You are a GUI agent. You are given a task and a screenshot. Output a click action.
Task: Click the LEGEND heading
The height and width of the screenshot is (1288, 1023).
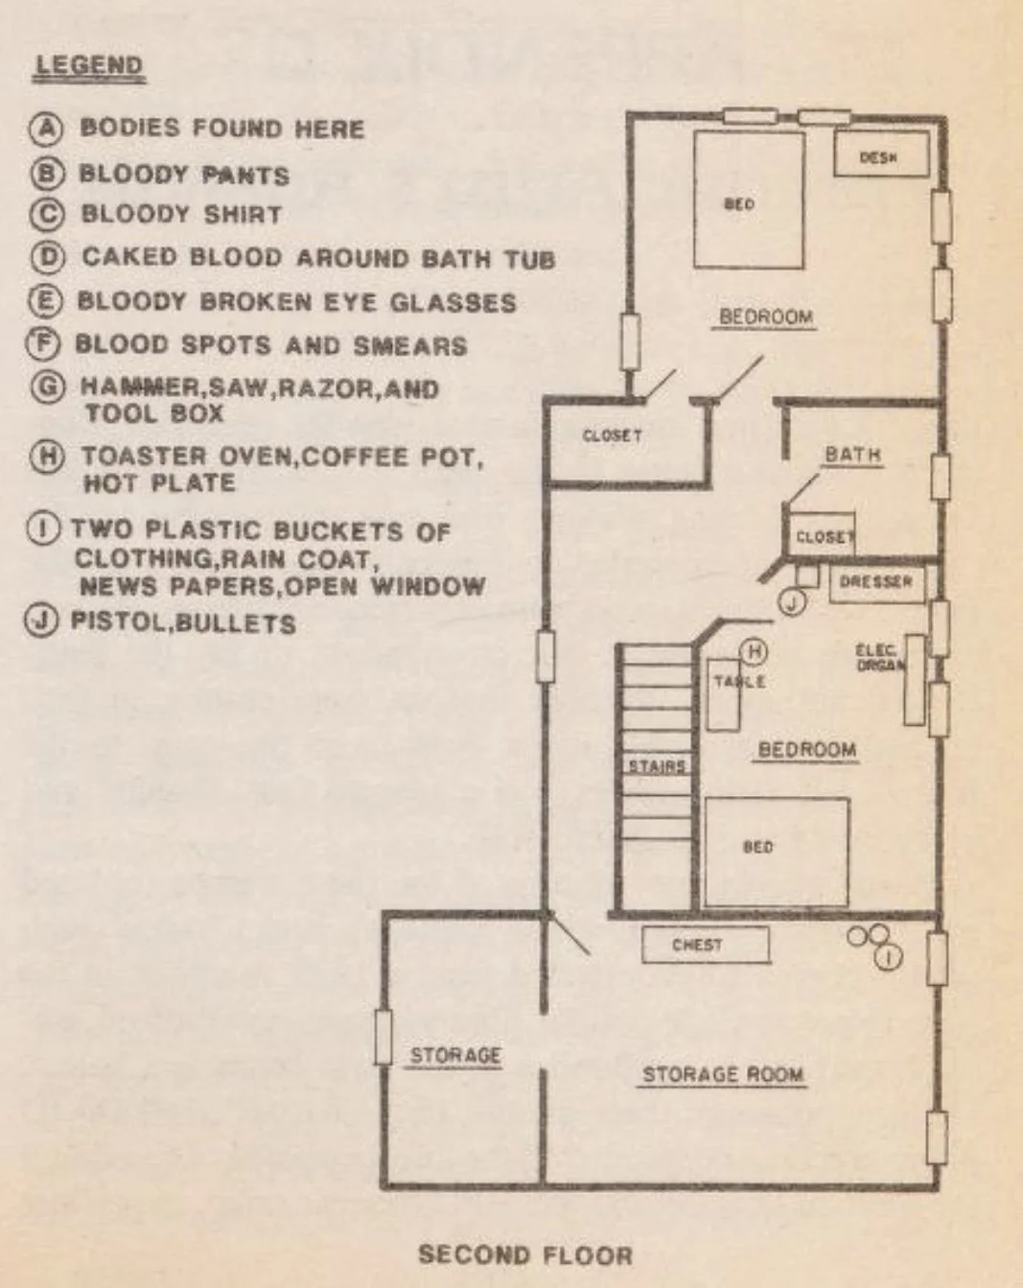[x=89, y=66]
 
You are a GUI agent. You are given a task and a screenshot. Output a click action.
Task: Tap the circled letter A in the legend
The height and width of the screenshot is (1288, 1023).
[x=45, y=129]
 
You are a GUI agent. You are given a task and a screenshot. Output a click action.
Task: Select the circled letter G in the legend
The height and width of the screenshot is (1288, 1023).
[x=47, y=387]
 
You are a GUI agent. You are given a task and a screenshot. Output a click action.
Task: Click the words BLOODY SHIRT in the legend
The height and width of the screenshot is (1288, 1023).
[x=181, y=214]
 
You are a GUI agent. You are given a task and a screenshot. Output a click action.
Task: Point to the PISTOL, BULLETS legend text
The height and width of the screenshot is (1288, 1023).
[x=183, y=623]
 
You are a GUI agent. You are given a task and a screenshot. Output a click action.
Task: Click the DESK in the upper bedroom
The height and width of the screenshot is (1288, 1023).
[x=879, y=156]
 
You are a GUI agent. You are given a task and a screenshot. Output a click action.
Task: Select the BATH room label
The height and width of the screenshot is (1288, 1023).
[x=852, y=454]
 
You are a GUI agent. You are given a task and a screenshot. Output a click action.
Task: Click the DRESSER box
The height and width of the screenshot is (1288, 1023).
[x=875, y=582]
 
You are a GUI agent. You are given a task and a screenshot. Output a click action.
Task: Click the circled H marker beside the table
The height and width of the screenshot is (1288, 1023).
[x=754, y=652]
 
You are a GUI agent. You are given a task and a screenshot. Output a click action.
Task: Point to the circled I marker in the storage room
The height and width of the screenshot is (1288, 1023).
[x=890, y=956]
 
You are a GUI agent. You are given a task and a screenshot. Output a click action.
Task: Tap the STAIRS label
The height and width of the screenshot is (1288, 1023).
[x=657, y=766]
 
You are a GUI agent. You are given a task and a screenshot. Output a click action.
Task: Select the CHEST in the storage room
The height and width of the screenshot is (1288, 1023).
[x=705, y=945]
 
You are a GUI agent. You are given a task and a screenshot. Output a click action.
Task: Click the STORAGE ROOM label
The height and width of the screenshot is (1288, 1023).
[x=722, y=1074]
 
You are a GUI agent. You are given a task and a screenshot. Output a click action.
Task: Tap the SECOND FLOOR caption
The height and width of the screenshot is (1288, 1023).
[x=524, y=1254]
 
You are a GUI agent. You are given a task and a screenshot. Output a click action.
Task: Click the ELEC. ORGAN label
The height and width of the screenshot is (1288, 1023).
[x=877, y=657]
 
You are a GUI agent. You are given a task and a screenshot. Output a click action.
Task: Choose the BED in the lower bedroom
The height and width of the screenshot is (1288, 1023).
[x=777, y=850]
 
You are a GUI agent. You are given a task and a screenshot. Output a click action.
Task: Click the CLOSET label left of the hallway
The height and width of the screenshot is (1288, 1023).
[x=612, y=436]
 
